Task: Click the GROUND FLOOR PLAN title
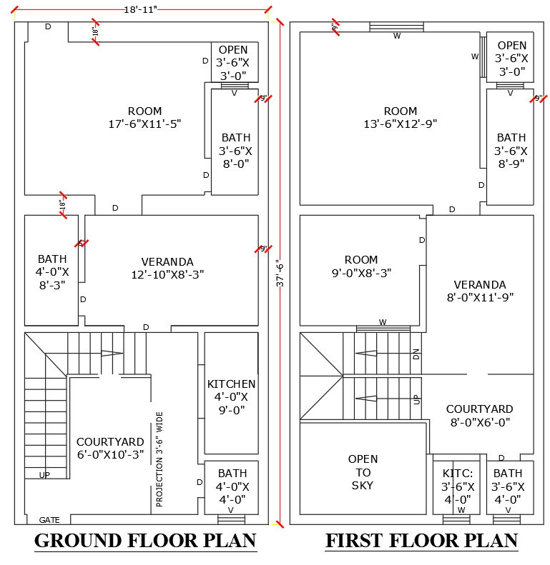coord(145,541)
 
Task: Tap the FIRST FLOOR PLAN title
coord(421,541)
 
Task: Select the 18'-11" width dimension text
coord(140,9)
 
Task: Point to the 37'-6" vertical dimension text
coord(279,274)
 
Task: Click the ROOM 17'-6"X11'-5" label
coord(144,117)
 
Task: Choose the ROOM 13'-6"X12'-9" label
coord(400,117)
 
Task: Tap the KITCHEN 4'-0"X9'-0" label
coord(231,396)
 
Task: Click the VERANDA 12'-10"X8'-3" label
coord(167,268)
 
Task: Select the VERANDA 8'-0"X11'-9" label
coord(479,291)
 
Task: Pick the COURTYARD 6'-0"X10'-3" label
coord(110,448)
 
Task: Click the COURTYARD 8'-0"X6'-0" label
coord(479,416)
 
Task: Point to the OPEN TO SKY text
coord(363,472)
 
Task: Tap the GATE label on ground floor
coord(49,520)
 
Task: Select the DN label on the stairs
coord(416,354)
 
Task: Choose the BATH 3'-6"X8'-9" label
coord(511,150)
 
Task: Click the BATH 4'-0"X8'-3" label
coord(52,271)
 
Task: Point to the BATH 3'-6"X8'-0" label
coord(235,150)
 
